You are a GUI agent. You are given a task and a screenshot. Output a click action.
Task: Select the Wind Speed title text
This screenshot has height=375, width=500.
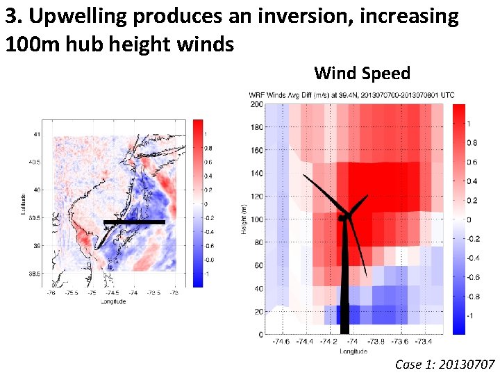click(x=362, y=73)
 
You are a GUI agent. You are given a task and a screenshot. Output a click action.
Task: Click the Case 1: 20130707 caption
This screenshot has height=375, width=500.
click(x=444, y=364)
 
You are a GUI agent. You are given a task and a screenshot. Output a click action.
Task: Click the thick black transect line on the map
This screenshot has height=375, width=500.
click(x=134, y=222)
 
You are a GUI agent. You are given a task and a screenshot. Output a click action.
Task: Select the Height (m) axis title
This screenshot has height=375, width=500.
click(x=244, y=219)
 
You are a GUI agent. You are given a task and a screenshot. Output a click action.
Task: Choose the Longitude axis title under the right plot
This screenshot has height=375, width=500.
click(x=354, y=351)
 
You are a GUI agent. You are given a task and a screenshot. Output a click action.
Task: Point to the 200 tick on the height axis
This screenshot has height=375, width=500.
click(x=256, y=105)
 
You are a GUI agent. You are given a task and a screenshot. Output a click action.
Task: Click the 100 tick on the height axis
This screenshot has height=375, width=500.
click(x=256, y=219)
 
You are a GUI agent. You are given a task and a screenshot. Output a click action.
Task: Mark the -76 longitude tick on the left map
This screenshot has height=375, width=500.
click(x=50, y=293)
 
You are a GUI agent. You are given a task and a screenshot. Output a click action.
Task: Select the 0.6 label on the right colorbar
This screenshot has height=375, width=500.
click(x=472, y=162)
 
